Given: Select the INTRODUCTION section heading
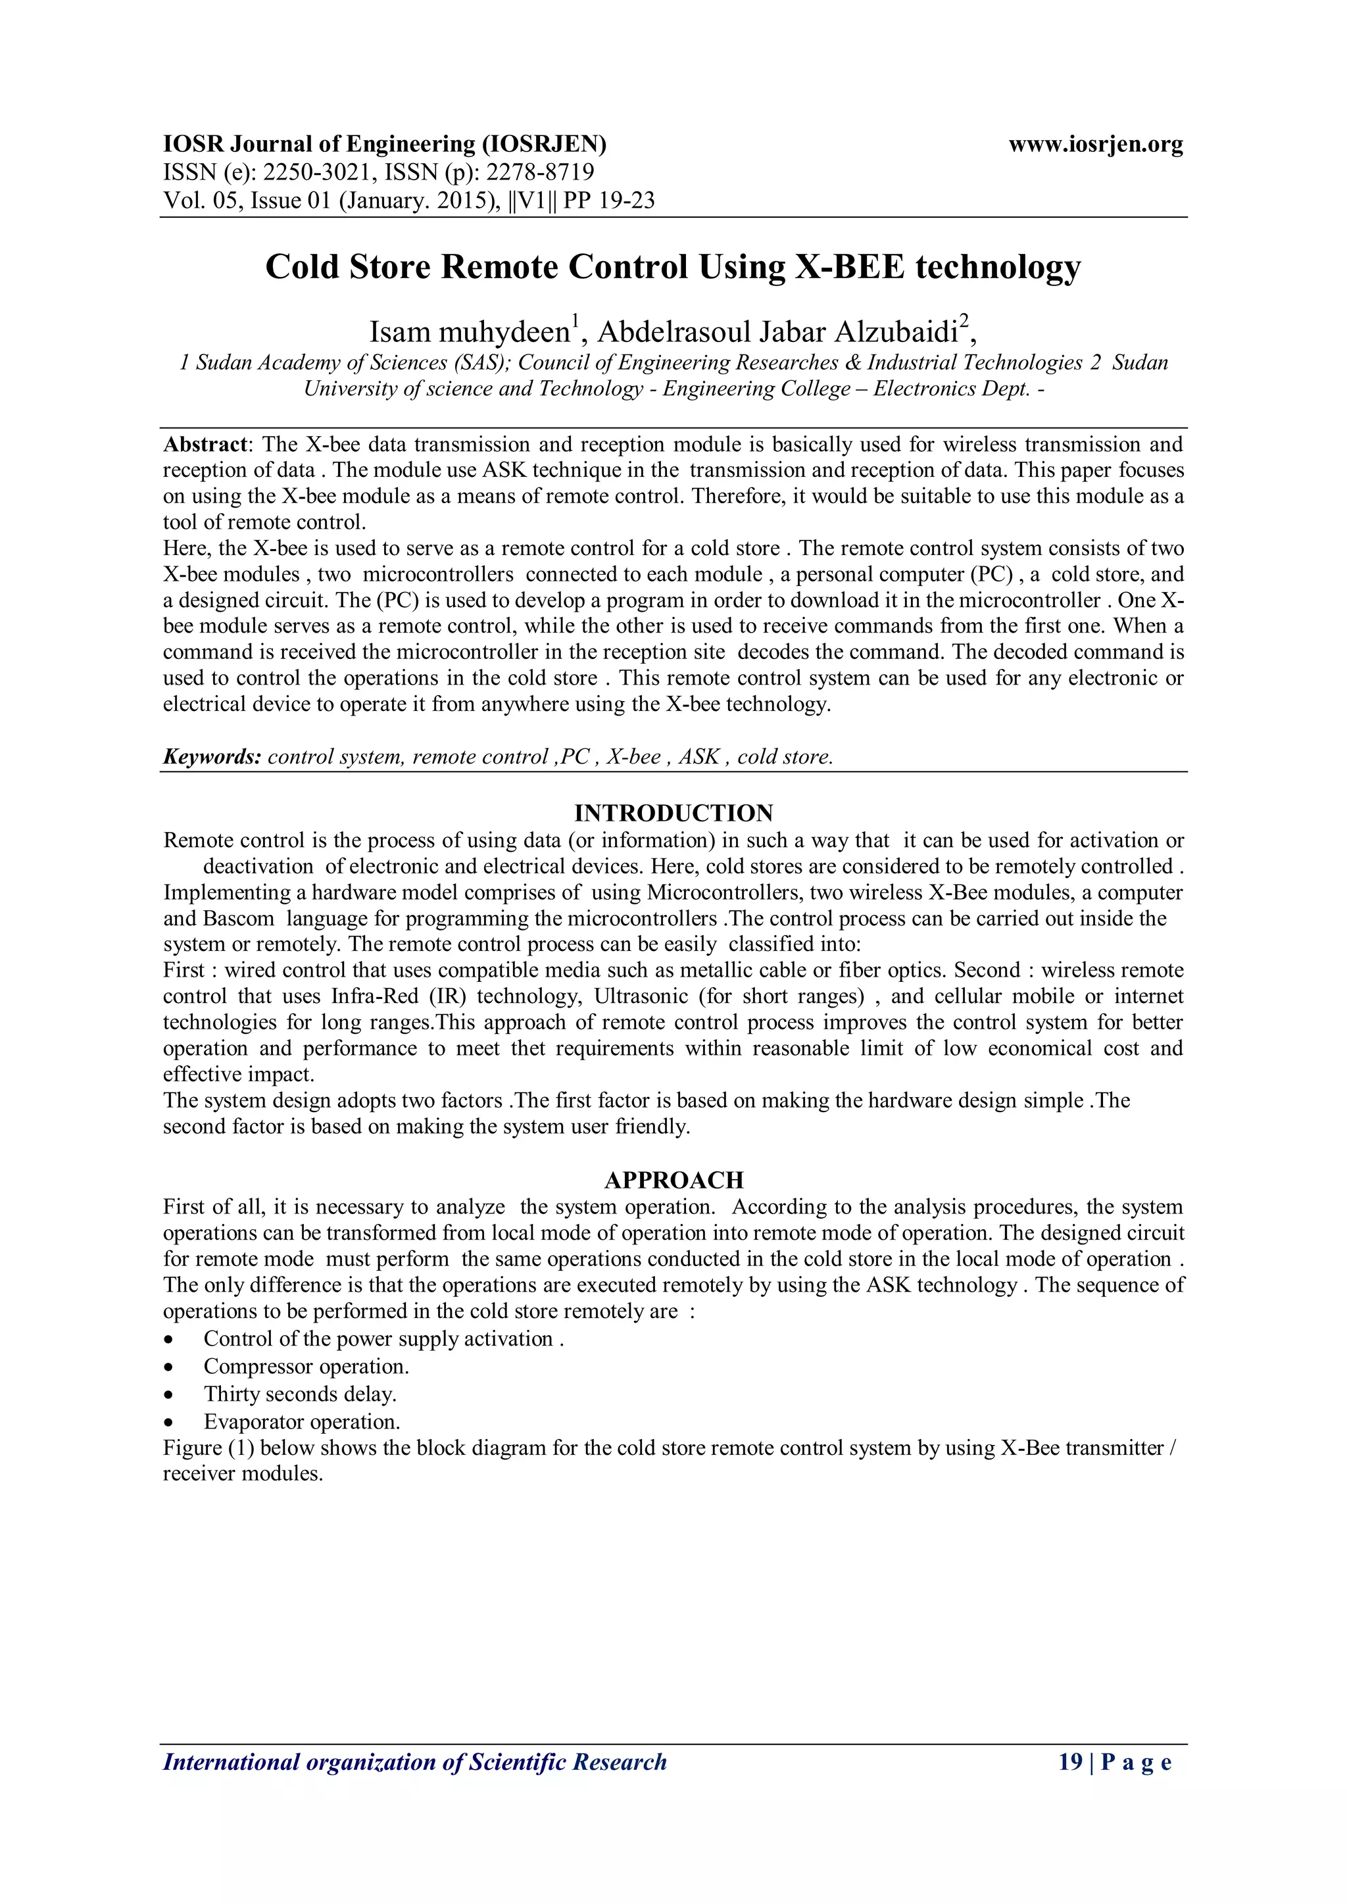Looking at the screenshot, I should click(673, 813).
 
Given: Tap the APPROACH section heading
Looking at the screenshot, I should click(673, 1179).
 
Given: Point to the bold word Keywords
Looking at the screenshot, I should click(212, 756).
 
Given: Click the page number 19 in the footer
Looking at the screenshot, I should click(1070, 1761).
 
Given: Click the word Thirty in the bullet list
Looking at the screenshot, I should click(232, 1394).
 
